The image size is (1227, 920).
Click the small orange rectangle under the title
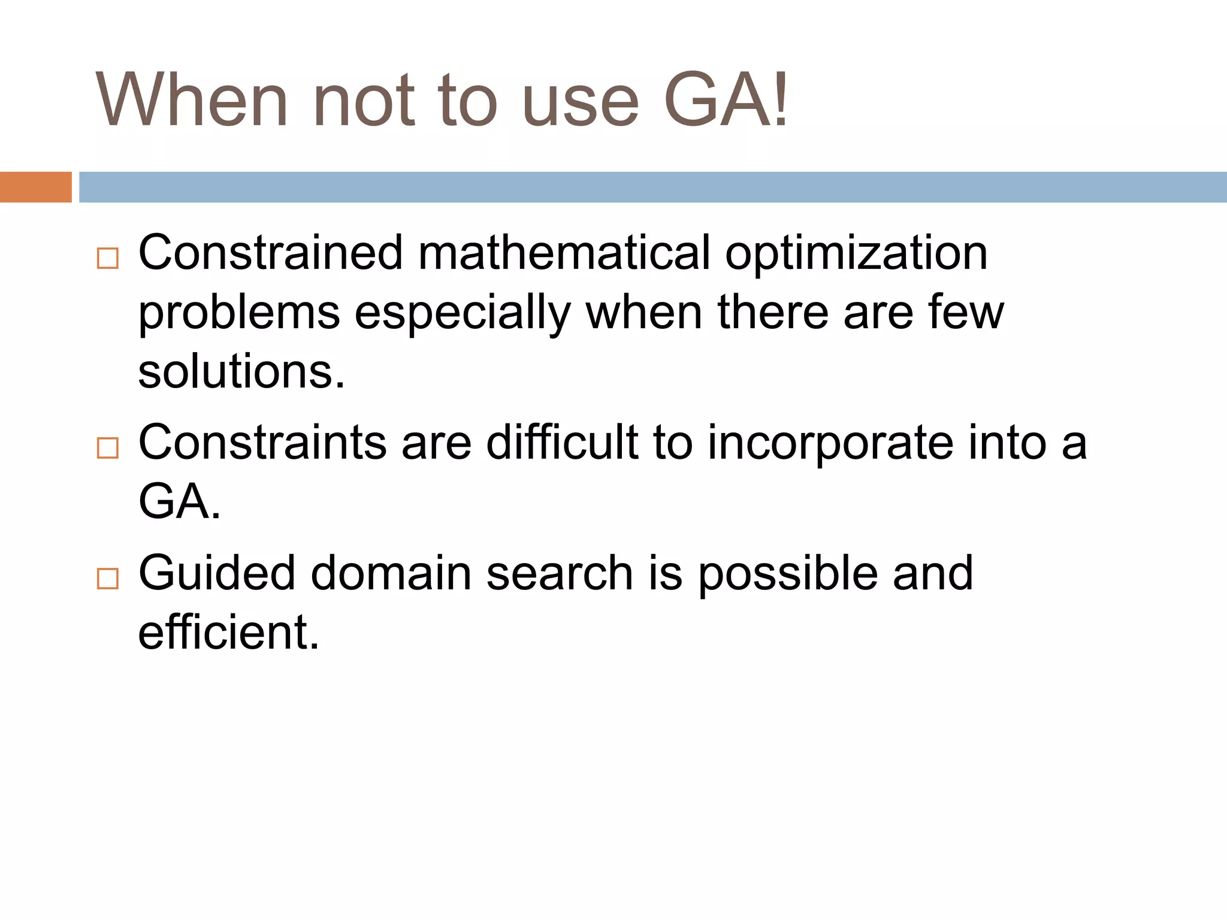click(x=35, y=187)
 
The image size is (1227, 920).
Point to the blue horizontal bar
click(x=652, y=187)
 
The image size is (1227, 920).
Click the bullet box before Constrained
click(x=108, y=258)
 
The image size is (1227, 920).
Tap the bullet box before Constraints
click(x=108, y=447)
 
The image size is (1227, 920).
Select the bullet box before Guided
click(x=108, y=578)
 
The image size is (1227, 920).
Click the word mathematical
click(x=564, y=253)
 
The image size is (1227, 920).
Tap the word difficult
click(x=562, y=442)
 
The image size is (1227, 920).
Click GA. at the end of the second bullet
click(x=179, y=501)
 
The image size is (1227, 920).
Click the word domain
click(x=391, y=573)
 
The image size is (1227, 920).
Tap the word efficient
click(x=228, y=632)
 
